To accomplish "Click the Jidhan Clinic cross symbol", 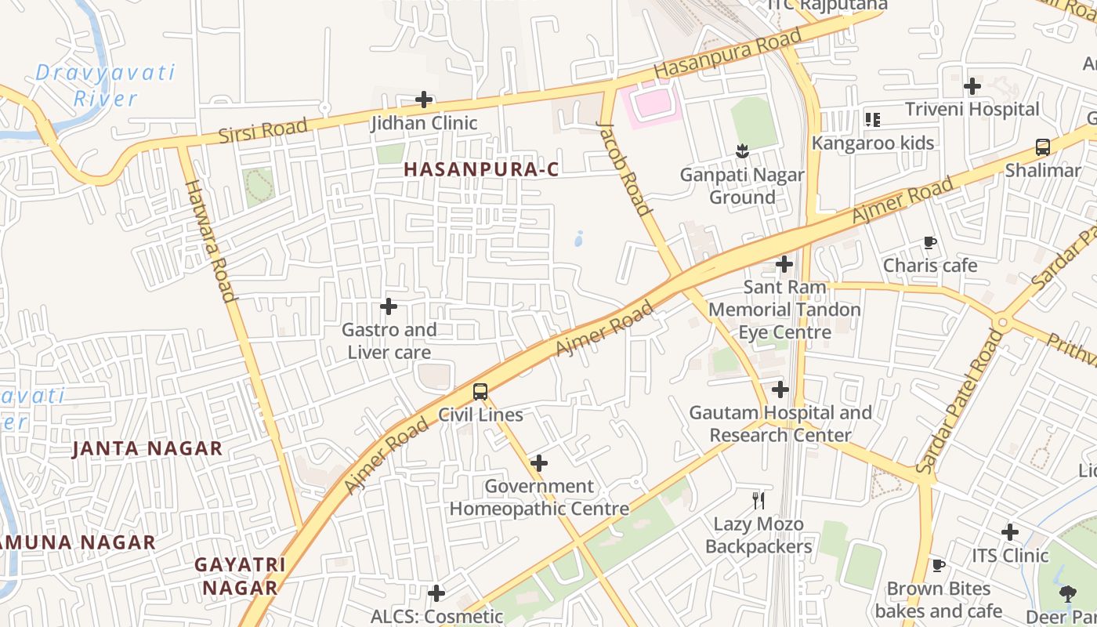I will (424, 100).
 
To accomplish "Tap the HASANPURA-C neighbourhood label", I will (482, 169).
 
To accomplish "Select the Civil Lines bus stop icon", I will (480, 392).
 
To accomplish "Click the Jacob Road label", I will (624, 168).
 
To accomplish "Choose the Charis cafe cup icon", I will (930, 243).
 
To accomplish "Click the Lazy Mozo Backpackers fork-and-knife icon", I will (758, 500).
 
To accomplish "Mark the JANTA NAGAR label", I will (147, 449).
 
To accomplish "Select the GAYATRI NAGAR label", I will (239, 576).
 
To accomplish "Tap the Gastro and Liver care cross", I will (389, 306).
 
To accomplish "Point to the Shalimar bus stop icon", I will (1043, 147).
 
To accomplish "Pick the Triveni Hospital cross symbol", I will (972, 86).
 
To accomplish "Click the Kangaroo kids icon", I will (872, 120).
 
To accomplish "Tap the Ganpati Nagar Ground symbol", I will (742, 151).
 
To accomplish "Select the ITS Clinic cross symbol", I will (1010, 533).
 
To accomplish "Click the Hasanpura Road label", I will (728, 53).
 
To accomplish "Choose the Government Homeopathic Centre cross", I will (539, 463).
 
